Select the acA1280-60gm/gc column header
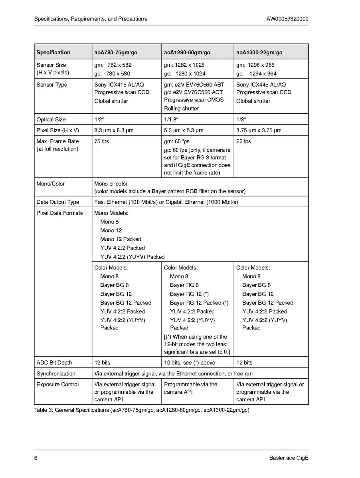click(x=187, y=52)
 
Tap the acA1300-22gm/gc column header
click(x=259, y=52)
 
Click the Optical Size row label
click(x=51, y=119)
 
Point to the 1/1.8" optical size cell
click(x=171, y=119)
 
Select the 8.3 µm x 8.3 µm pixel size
click(x=114, y=130)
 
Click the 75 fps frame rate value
click(x=101, y=141)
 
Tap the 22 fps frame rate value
click(x=243, y=141)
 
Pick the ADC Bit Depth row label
click(x=54, y=363)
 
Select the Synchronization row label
click(x=56, y=373)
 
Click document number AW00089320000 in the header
click(x=287, y=19)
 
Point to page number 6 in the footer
click(x=36, y=458)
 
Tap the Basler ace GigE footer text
click(x=289, y=458)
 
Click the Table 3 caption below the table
click(x=142, y=410)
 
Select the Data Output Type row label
click(x=58, y=202)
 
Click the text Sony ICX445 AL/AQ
click(x=261, y=85)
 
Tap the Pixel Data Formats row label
click(x=59, y=213)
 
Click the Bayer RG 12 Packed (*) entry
click(x=199, y=303)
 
